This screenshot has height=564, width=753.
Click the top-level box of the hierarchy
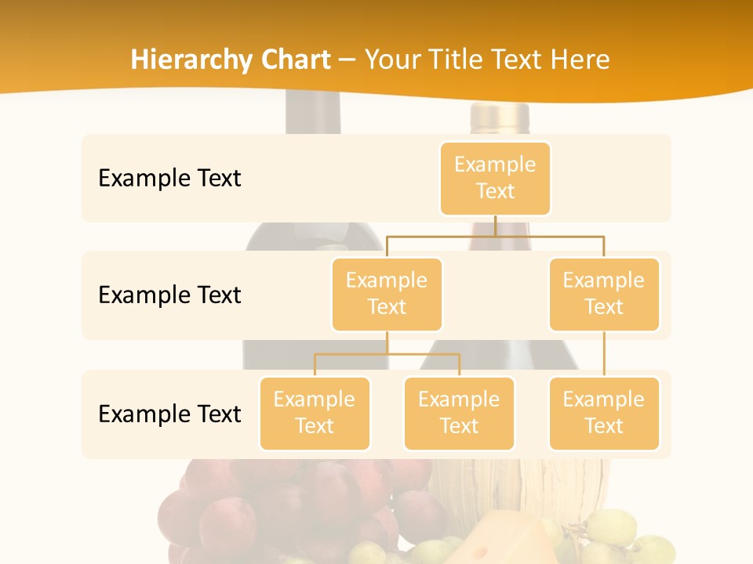point(495,178)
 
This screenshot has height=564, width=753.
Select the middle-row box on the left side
point(387,294)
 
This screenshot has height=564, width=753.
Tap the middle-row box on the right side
point(604,294)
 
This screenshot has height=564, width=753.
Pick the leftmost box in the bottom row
point(315,413)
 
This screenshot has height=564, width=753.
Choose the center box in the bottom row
point(459,413)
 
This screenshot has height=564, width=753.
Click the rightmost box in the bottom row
point(604,413)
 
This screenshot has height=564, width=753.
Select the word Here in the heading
point(581,60)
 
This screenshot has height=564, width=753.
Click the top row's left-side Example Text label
point(169,178)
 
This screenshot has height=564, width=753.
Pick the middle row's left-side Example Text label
point(169,295)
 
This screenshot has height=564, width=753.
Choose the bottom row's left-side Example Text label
point(169,414)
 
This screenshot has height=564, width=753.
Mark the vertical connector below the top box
point(495,226)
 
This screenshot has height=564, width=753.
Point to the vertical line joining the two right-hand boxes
point(604,354)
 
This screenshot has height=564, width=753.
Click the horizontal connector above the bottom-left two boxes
point(387,354)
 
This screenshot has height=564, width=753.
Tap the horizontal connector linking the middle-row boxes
point(495,236)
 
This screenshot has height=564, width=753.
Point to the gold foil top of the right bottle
point(500,117)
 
